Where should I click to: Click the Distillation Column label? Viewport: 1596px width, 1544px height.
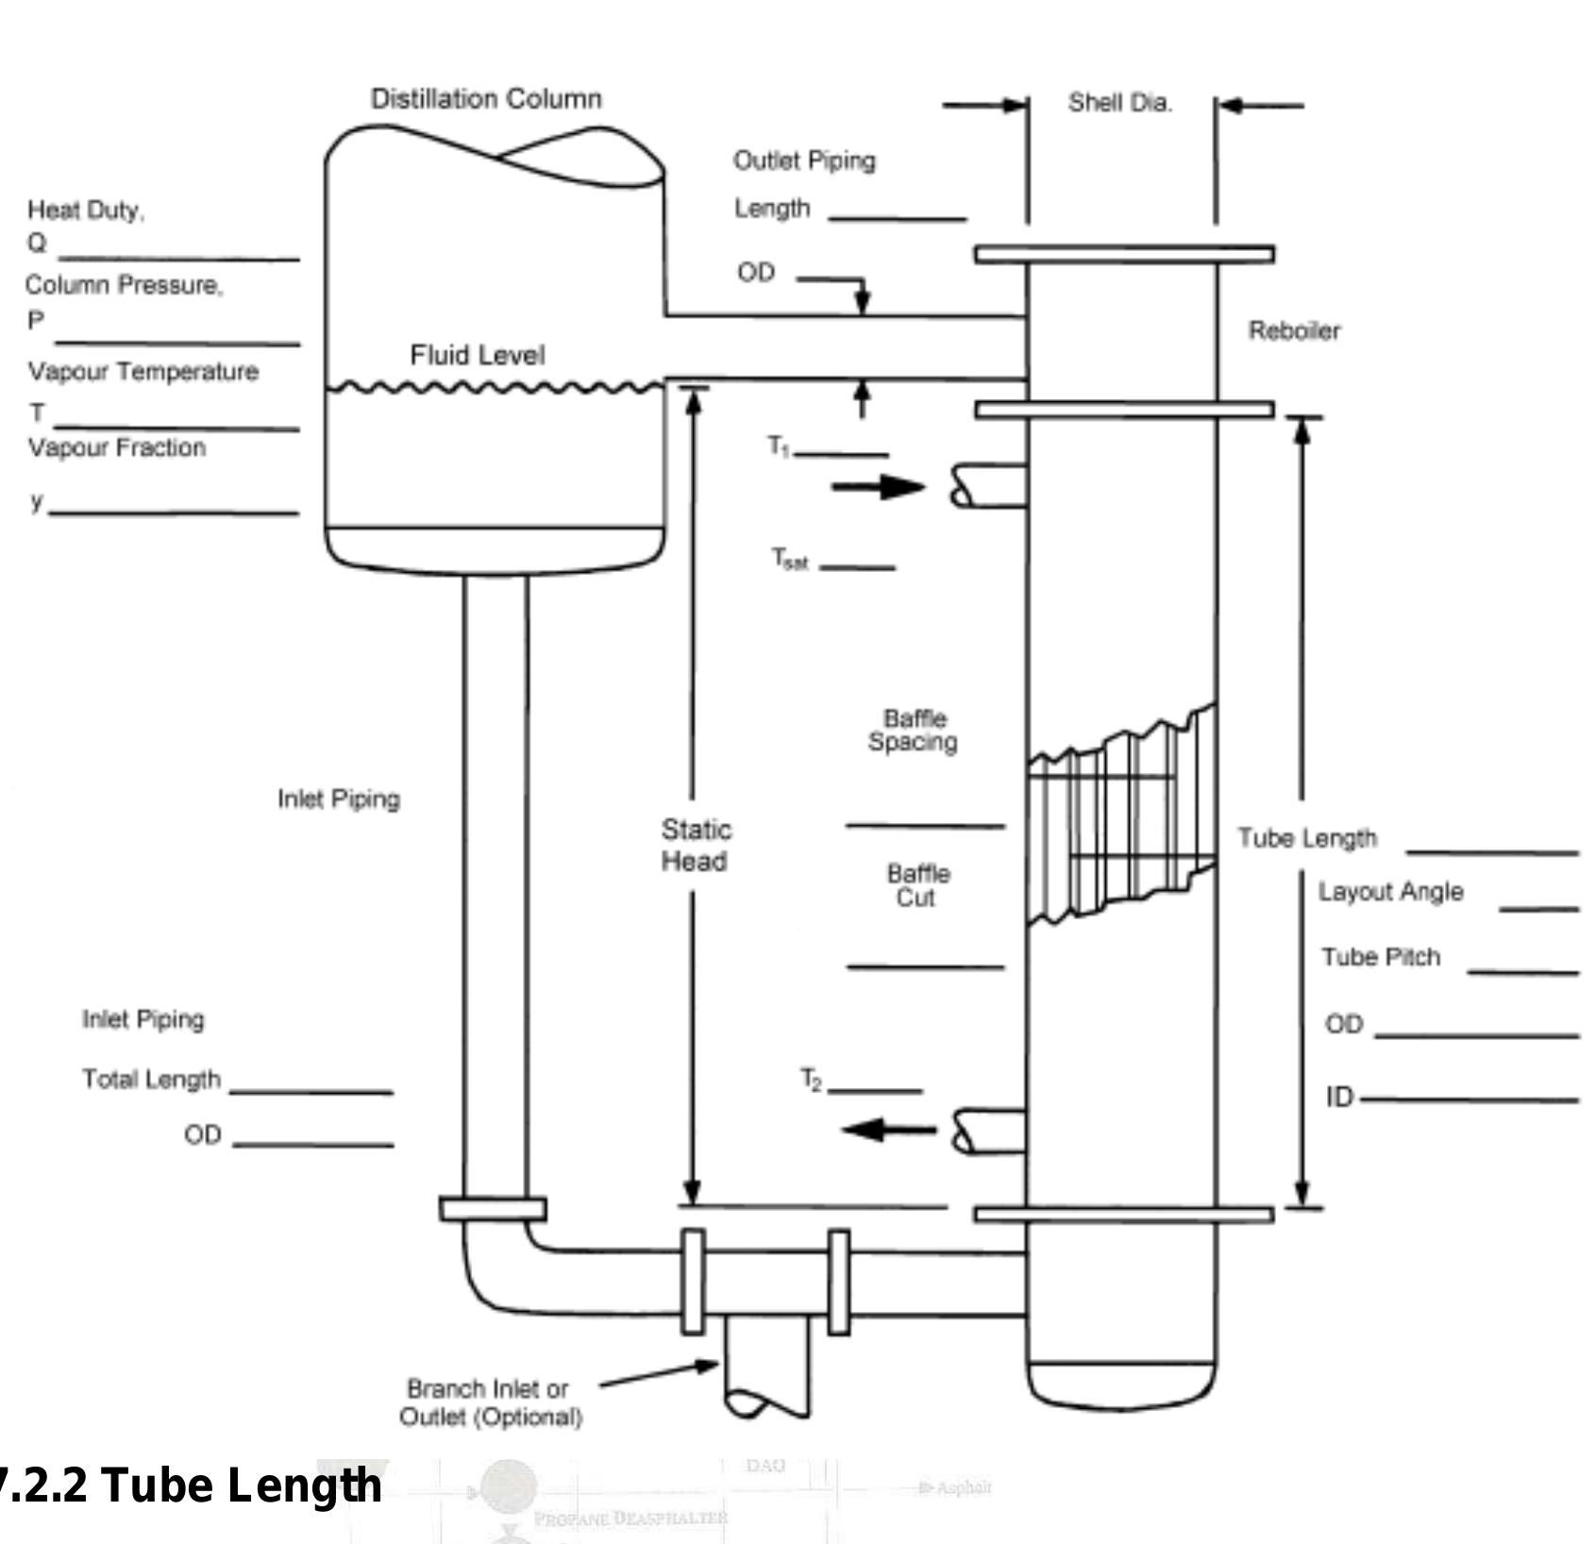click(486, 99)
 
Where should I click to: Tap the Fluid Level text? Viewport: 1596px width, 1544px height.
click(477, 355)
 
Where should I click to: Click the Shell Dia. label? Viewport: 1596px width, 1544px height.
click(1119, 103)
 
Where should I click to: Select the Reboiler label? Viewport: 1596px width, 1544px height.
click(1294, 330)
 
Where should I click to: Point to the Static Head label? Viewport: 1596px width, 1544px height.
click(695, 846)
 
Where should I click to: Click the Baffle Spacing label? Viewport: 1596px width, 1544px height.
click(913, 730)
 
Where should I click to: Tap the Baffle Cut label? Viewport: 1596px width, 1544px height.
click(917, 885)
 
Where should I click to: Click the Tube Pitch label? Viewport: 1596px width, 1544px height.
click(1380, 957)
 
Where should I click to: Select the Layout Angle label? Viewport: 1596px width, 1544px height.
click(1390, 892)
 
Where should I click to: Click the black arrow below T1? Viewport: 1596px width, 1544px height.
click(878, 487)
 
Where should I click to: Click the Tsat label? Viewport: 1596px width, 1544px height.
click(789, 559)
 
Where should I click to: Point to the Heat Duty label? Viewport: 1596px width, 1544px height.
click(85, 210)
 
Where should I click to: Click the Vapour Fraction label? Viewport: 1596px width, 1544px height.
click(116, 447)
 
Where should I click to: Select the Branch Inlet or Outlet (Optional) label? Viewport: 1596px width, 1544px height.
click(490, 1402)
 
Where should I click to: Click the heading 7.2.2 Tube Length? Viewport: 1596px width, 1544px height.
click(189, 1485)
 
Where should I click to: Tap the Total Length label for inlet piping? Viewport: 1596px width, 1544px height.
click(151, 1079)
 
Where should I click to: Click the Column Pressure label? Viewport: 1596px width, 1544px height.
click(124, 285)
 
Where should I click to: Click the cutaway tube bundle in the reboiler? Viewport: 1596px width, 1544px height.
click(1120, 817)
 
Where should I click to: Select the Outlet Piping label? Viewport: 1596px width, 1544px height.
click(804, 160)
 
